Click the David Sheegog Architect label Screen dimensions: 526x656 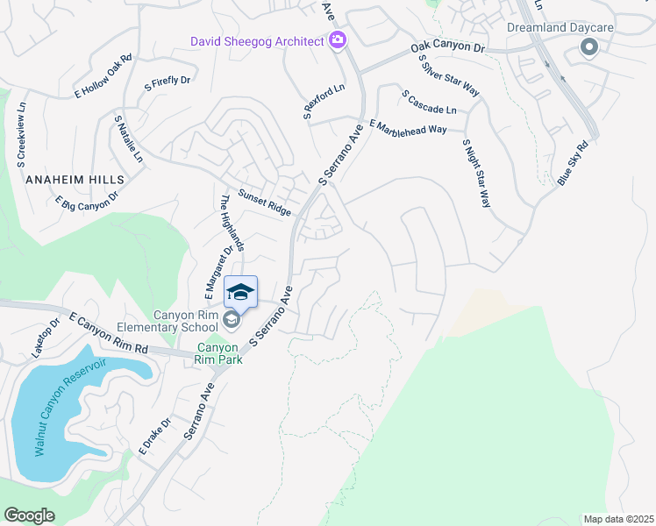tap(258, 40)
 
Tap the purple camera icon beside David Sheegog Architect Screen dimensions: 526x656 tap(337, 40)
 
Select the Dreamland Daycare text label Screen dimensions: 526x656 tap(559, 27)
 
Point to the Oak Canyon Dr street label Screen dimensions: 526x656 tap(446, 48)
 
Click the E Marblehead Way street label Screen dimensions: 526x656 tap(408, 128)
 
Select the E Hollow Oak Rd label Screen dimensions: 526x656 tap(103, 76)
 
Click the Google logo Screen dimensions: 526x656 tap(29, 515)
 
